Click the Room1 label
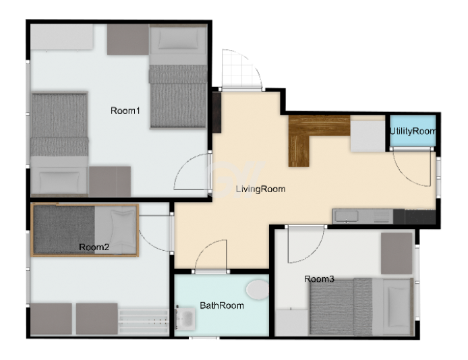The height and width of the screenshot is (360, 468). [125, 111]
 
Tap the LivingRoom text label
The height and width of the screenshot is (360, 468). [260, 189]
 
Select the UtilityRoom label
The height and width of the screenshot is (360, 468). [413, 131]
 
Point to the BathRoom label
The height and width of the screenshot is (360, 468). [222, 305]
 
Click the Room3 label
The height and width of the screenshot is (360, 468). [319, 279]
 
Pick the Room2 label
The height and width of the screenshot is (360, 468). [94, 247]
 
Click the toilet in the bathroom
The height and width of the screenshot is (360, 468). [258, 289]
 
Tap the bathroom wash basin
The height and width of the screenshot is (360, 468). [185, 319]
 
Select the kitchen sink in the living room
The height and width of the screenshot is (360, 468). [347, 216]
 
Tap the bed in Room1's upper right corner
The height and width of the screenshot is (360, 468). [178, 77]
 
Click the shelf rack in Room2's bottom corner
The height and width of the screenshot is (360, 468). [144, 321]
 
